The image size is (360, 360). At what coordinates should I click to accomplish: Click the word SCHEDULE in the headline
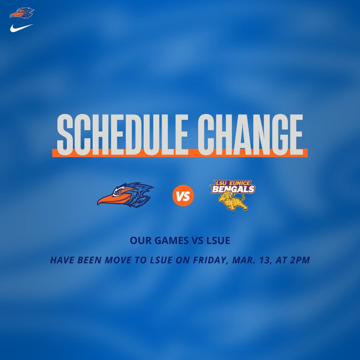122,133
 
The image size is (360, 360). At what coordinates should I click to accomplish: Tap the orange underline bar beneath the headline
180,153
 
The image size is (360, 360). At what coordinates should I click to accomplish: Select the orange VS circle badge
183,196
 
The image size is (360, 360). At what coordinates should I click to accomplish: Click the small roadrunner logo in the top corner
22,13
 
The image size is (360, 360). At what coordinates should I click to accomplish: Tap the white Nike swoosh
21,28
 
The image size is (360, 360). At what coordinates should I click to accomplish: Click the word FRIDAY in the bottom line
208,260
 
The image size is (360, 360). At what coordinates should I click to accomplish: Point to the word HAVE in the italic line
62,260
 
